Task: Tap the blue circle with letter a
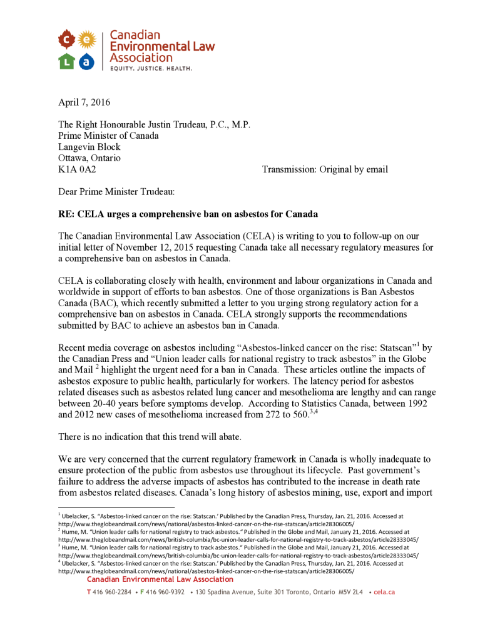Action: (x=87, y=61)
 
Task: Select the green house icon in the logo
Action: (x=67, y=61)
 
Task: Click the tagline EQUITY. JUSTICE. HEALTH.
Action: (x=151, y=67)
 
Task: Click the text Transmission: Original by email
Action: (x=325, y=169)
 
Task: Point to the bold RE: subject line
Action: (x=188, y=214)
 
